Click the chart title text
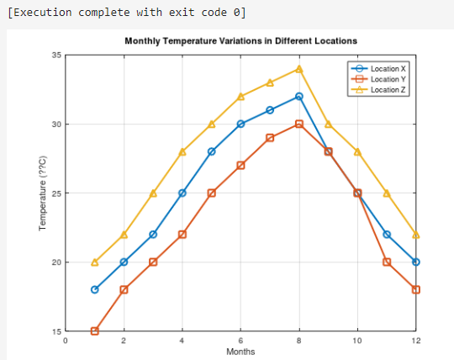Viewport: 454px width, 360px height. [240, 40]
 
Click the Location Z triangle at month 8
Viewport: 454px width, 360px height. [299, 69]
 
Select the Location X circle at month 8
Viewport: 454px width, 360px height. [299, 97]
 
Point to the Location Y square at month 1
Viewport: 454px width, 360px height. [95, 331]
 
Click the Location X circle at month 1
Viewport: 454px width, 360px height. [95, 289]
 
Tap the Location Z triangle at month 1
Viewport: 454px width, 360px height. [95, 262]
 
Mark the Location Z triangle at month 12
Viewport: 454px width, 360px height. [416, 235]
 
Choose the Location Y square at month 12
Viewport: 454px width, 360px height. [416, 289]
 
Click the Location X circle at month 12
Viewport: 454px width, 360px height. [416, 262]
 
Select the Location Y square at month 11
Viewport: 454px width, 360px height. [387, 262]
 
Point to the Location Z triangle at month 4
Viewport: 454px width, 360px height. [182, 151]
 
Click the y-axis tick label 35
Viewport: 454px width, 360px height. [57, 55]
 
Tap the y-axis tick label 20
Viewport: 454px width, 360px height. [57, 262]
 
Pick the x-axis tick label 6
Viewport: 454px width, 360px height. [240, 340]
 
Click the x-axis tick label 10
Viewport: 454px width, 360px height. [357, 340]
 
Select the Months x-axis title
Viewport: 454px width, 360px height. [240, 352]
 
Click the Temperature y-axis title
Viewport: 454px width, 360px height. [42, 193]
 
